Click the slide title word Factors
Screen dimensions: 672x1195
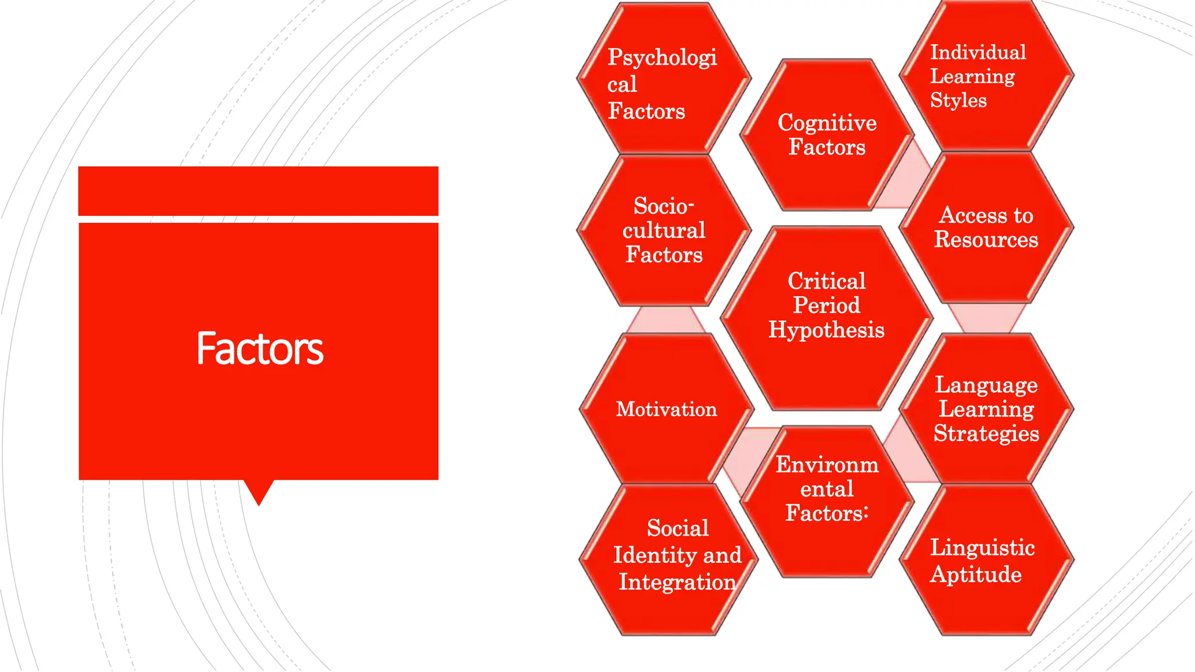coord(260,349)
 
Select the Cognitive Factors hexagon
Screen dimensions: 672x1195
coord(827,135)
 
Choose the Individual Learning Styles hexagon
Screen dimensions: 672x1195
coord(986,76)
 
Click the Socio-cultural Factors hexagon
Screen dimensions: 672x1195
coord(664,230)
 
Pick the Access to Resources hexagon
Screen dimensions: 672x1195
coord(986,228)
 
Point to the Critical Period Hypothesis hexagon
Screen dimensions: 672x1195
coord(827,318)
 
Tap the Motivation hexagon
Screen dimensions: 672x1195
coord(666,409)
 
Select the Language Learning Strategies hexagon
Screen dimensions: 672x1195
coord(986,409)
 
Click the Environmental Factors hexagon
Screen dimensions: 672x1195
coord(827,502)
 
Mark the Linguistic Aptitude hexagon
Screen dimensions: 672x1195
coord(986,561)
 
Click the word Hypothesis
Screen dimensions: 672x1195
coord(826,330)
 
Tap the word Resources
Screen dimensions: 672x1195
coord(986,240)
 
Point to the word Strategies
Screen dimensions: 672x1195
coord(986,433)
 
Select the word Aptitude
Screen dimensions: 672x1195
coord(976,575)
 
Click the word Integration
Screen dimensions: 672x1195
coord(677,582)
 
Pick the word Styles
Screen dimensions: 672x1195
coord(958,100)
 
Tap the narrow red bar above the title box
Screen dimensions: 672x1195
coord(258,191)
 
